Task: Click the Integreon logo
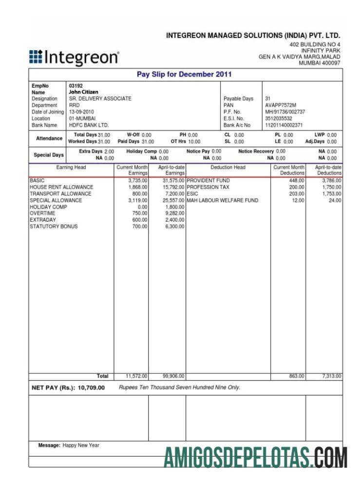[x=74, y=58]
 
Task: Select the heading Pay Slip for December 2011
[x=185, y=75]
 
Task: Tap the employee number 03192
[x=76, y=86]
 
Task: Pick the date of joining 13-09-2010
[x=81, y=112]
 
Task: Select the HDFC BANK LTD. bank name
[x=89, y=125]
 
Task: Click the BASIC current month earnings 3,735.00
[x=137, y=181]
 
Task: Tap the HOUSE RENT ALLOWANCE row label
[x=61, y=187]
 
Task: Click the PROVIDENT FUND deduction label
[x=208, y=181]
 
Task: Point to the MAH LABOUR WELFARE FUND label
[x=223, y=200]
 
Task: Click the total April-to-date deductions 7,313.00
[x=331, y=376]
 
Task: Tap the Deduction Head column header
[x=228, y=167]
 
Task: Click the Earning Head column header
[x=71, y=167]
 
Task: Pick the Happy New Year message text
[x=81, y=445]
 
